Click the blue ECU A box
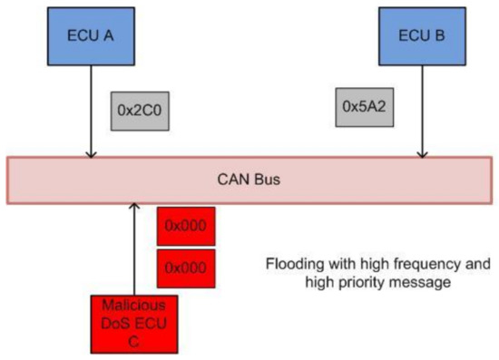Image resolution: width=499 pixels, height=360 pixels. tap(89, 36)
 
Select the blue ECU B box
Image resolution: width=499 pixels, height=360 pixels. tap(419, 36)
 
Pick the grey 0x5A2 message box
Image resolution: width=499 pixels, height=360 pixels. tap(363, 106)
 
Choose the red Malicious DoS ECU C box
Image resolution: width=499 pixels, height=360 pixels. tap(132, 323)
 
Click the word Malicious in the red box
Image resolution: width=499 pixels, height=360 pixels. tap(132, 306)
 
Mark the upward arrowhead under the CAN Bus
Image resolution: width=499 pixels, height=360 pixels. tap(133, 208)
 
